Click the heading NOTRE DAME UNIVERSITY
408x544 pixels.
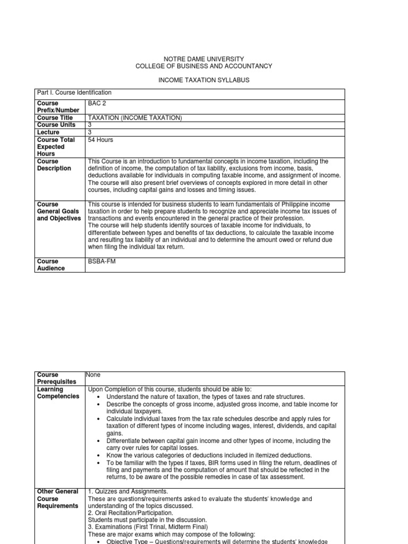[204, 58]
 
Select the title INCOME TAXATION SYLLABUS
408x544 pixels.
[204, 80]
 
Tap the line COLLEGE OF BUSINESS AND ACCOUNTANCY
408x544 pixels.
[204, 66]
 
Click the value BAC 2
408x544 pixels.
[96, 103]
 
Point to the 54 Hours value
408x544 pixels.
[100, 140]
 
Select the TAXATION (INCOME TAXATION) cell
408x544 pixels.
[134, 117]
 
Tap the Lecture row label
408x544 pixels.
[48, 132]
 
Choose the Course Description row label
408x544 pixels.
[54, 165]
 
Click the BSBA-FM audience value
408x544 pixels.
[101, 261]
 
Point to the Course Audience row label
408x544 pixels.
[51, 265]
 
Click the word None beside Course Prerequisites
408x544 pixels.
[94, 375]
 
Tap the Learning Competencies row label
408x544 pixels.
[57, 393]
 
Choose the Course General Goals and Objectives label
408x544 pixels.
[58, 211]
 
